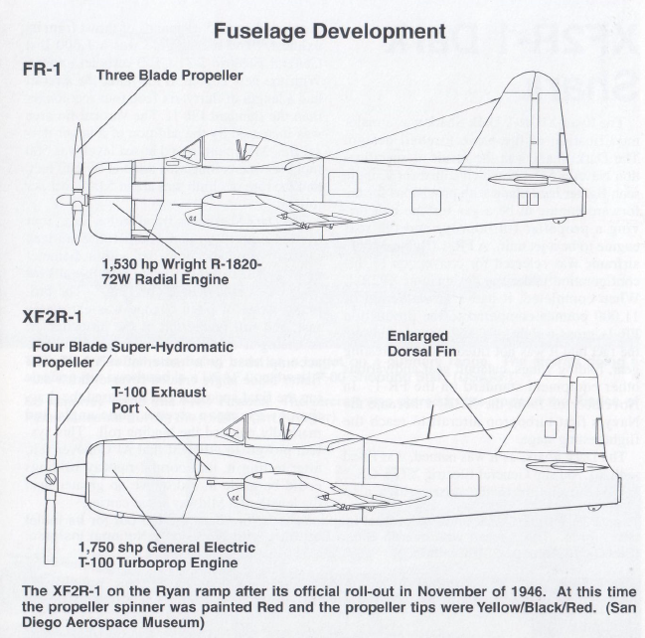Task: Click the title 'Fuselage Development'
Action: [x=330, y=32]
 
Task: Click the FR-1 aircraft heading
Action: [x=42, y=69]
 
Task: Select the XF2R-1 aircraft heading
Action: [x=52, y=318]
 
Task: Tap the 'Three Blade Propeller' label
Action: [x=170, y=76]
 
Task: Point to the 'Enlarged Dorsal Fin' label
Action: [x=421, y=344]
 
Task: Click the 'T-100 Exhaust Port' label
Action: [x=159, y=399]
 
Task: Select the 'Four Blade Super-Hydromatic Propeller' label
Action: [x=133, y=354]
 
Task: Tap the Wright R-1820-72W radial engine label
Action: [x=182, y=271]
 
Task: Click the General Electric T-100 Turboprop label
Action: [x=167, y=555]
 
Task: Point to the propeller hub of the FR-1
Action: [x=72, y=201]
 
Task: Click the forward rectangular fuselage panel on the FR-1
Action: [x=343, y=183]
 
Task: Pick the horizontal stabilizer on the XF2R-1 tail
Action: [x=559, y=466]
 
